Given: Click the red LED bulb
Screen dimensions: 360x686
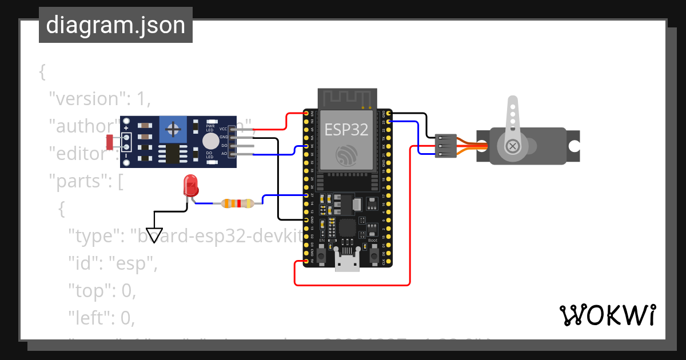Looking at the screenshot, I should pos(190,185).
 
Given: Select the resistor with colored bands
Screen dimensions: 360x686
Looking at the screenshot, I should pos(237,203).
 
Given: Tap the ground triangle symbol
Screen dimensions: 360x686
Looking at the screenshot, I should pos(154,234).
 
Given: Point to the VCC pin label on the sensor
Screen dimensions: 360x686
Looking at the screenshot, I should pos(223,130).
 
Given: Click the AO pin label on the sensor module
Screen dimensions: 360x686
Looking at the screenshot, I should pos(224,154).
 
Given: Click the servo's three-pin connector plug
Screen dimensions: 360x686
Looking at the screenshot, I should pos(446,146).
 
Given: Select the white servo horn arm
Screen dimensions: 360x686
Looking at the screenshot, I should pos(513,117).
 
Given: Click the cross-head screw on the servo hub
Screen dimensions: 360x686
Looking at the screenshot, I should pos(513,146).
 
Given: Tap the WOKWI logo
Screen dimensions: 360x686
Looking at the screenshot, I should pos(607,315).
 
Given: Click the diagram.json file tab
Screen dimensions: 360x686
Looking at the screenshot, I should pos(115,25).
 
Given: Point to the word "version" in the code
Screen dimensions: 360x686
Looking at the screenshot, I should pos(86,99).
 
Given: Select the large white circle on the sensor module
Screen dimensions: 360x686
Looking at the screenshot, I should pos(210,141).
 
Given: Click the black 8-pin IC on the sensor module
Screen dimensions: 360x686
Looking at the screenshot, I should pos(172,153).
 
